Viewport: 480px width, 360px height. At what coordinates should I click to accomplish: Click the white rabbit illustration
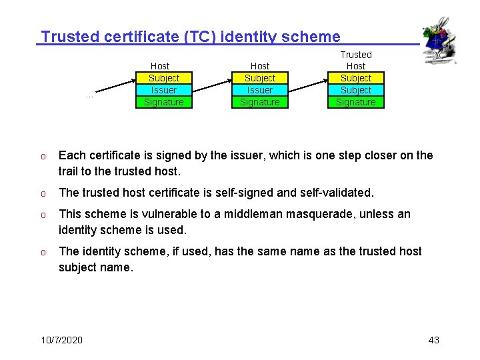[439, 41]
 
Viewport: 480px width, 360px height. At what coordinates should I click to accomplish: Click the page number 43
[433, 340]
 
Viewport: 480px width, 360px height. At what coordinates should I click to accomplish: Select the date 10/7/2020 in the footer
[61, 340]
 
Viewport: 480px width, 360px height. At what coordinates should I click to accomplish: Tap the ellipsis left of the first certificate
[89, 95]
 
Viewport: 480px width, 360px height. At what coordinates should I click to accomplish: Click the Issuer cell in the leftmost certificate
[163, 90]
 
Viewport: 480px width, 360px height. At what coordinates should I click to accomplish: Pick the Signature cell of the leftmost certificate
[163, 102]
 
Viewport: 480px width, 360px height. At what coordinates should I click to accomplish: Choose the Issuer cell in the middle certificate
[259, 90]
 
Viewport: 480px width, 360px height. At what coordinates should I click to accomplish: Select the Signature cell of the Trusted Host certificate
[355, 102]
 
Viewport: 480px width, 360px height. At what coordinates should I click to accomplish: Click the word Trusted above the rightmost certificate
[356, 55]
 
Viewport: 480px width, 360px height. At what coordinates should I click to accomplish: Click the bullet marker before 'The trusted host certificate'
[42, 193]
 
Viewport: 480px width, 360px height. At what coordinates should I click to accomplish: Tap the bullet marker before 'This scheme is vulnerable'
[42, 215]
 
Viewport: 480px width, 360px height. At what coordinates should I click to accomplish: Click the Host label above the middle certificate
[259, 66]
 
